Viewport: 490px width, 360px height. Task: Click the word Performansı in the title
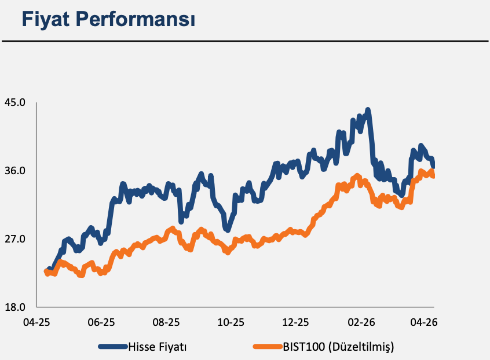coord(136,19)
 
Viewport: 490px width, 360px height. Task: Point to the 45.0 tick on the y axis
coord(14,102)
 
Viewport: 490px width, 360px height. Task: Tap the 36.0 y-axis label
coord(14,171)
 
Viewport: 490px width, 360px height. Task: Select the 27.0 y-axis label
coord(14,239)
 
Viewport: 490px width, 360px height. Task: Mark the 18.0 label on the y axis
coord(14,307)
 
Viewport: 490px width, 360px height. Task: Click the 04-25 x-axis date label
coord(36,322)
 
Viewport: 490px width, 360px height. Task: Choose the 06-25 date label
coord(101,322)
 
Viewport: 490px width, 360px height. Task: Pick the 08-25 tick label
coord(166,322)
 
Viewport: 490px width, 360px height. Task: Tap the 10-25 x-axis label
coord(231,322)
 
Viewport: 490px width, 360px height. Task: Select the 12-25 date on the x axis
coord(295,322)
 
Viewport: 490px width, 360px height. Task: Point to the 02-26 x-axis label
coord(361,322)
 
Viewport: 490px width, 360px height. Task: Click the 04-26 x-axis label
coord(424,322)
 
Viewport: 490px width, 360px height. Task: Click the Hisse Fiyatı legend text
coord(158,347)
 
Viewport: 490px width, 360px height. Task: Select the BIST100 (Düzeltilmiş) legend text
coord(338,347)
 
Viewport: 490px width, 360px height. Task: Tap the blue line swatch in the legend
coord(113,346)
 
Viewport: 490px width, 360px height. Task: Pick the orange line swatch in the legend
coord(268,346)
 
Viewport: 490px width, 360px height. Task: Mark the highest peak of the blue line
coord(368,110)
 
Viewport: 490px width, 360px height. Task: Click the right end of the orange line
coord(433,176)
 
